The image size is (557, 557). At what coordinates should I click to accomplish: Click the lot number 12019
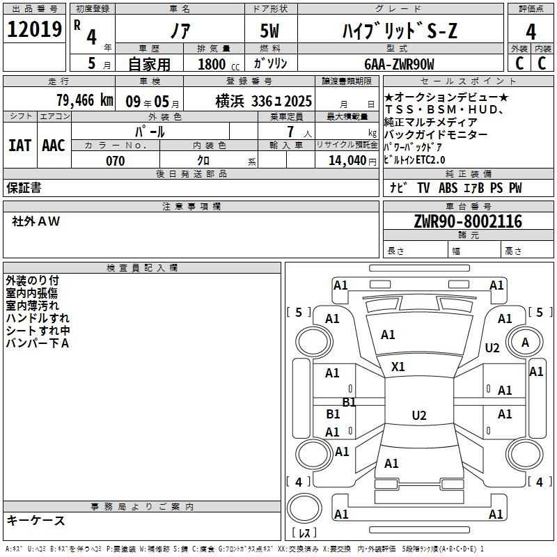(34, 29)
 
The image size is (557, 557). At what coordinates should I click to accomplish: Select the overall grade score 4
(531, 31)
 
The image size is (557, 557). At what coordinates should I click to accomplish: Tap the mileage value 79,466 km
(85, 100)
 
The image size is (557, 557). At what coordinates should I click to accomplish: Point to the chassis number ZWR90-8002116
(468, 221)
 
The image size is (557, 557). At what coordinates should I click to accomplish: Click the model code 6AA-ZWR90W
(399, 64)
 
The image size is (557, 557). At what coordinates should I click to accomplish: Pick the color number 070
(116, 161)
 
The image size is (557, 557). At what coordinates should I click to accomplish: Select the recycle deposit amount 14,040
(347, 161)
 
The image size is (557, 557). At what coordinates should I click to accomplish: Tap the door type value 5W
(269, 31)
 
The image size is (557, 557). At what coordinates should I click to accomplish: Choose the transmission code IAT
(19, 146)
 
